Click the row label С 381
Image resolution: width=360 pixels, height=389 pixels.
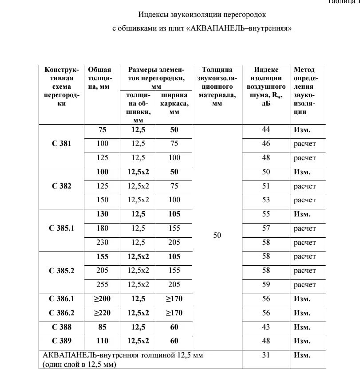(61, 144)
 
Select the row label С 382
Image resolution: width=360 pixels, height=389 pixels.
(61, 186)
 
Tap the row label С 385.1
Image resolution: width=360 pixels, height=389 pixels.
(61, 228)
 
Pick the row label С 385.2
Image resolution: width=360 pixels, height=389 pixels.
(61, 271)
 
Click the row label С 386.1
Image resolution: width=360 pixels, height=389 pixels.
(61, 299)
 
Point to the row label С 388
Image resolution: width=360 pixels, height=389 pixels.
(61, 327)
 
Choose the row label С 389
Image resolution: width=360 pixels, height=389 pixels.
(61, 342)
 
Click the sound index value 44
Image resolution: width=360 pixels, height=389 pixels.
(266, 130)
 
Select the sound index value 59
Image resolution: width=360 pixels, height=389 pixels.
(266, 285)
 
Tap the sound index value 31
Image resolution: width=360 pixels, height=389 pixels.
(266, 355)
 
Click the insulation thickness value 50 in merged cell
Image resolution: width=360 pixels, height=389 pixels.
(217, 236)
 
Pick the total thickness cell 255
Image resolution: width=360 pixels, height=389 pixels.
(103, 285)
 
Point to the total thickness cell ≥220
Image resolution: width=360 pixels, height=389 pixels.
(103, 313)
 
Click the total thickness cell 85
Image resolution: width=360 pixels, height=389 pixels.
(103, 327)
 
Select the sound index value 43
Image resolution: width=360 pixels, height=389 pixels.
(266, 327)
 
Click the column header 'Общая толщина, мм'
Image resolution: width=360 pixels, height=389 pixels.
(99, 78)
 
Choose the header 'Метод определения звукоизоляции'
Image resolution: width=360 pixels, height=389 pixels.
(305, 91)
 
